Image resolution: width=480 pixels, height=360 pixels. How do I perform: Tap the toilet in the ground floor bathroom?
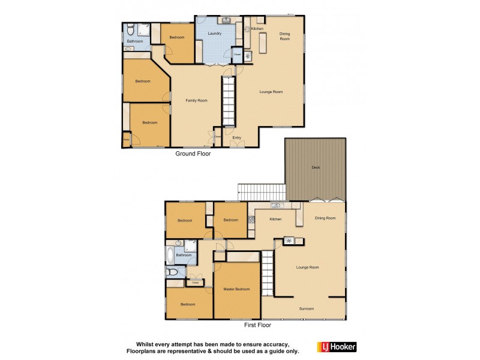pos(130,31)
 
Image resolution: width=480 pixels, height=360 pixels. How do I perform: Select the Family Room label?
pos(196,100)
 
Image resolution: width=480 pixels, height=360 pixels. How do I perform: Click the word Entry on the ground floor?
pos(237,137)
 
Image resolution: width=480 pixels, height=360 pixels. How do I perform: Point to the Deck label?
pos(315,167)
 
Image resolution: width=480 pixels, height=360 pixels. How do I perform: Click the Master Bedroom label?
pos(237,289)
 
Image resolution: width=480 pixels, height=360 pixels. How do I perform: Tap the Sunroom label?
pos(307,308)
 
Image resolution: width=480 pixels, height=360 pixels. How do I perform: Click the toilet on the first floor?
pos(173,273)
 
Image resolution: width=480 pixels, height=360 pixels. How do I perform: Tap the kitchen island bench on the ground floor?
pos(262,42)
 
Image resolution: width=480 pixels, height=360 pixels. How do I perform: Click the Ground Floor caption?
pos(193,154)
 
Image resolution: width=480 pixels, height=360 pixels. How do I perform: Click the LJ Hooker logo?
pos(337,347)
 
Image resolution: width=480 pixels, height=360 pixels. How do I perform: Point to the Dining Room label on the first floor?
pos(325,218)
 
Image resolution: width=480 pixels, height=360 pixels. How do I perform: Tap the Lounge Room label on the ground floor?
pos(271,92)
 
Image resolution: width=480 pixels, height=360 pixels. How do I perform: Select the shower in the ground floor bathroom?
pos(143,30)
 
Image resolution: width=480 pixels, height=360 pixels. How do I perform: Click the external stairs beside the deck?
pos(262,192)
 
